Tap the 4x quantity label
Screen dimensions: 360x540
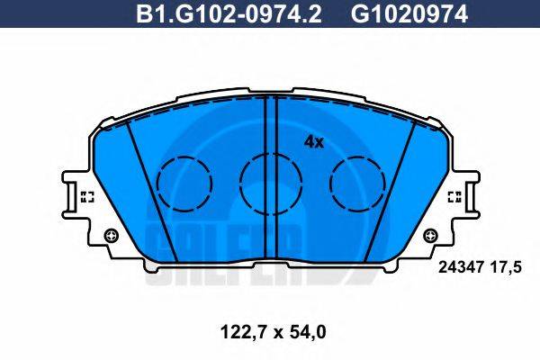click(x=313, y=141)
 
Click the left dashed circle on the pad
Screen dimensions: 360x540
click(x=184, y=182)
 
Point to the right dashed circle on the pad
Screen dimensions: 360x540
click(x=357, y=182)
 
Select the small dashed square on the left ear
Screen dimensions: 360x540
click(x=87, y=196)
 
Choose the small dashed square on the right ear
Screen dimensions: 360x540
click(x=454, y=196)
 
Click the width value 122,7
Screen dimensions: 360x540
click(x=238, y=332)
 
